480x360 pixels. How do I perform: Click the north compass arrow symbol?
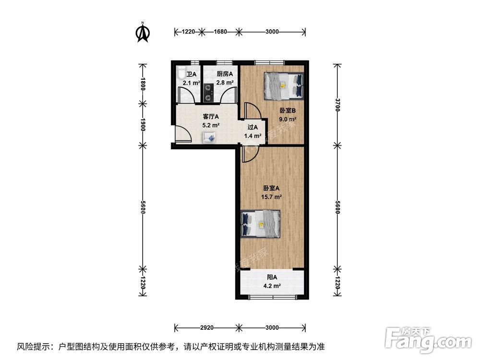coord(143,32)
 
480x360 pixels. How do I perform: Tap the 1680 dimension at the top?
coord(220,32)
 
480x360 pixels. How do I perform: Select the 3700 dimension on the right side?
coord(338,104)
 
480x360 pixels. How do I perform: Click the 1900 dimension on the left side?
coord(143,124)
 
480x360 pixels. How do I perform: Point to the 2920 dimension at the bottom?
coord(206,328)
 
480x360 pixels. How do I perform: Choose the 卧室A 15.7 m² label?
coord(272,192)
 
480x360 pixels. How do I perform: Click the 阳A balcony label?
coord(272,281)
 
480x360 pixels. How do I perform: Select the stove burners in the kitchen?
coord(208,93)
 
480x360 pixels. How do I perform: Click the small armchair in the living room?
coord(210,138)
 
